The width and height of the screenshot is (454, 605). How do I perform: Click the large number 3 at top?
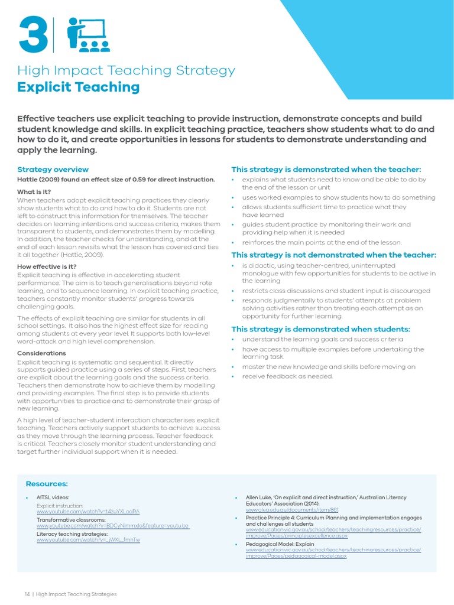34,35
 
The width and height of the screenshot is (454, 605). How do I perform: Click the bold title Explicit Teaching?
78,87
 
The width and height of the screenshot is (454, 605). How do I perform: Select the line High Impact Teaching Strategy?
126,71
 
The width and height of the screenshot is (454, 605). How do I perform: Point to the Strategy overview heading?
53,169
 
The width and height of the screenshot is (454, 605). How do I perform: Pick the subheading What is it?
34,191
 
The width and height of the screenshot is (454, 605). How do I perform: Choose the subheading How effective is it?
47,266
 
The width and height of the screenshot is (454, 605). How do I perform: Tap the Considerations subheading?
41,353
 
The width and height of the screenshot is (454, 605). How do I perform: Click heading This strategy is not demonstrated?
333,255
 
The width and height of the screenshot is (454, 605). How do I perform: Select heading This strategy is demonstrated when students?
320,329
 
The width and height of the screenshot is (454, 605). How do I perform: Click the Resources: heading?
47,483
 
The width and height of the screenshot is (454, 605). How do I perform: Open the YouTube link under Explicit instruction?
87,511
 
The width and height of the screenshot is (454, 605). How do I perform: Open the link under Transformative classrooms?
112,525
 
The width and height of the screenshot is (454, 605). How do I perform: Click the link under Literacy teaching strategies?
88,539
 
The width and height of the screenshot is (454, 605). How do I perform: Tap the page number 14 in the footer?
27,594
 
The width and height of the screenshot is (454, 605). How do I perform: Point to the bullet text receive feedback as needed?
287,376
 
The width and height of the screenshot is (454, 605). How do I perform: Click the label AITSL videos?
53,498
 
